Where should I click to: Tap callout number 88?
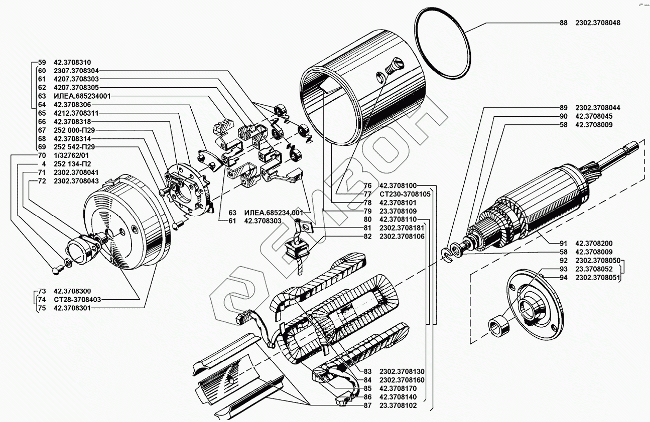[564, 23]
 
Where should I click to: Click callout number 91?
[564, 243]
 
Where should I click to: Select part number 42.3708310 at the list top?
[72, 62]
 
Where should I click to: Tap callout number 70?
[42, 155]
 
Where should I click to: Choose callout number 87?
[368, 405]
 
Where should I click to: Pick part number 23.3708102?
[399, 405]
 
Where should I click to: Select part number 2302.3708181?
[402, 228]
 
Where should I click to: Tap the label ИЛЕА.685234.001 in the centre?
[273, 213]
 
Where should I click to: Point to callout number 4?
[44, 164]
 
